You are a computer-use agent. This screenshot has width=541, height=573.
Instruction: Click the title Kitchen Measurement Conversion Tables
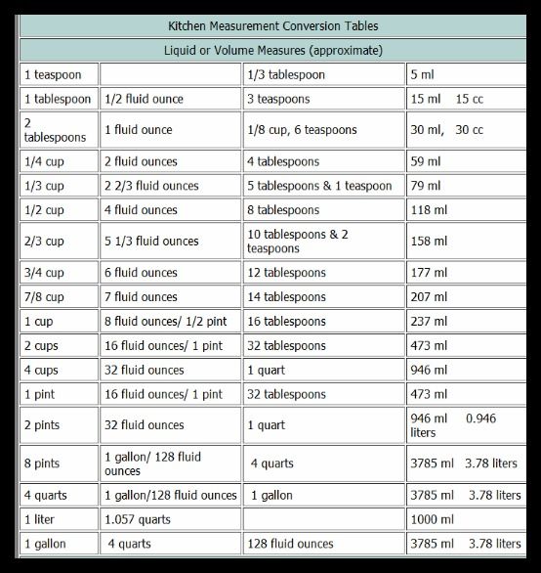pyautogui.click(x=272, y=24)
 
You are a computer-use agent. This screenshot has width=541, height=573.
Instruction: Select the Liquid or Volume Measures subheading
pyautogui.click(x=272, y=49)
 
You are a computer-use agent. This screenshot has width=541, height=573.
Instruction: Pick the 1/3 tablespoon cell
pyautogui.click(x=285, y=74)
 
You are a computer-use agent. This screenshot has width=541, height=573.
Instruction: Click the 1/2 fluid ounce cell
pyautogui.click(x=144, y=99)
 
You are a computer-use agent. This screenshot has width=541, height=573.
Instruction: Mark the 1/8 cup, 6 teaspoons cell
pyautogui.click(x=302, y=130)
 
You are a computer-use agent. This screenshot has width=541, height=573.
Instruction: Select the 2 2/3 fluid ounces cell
pyautogui.click(x=151, y=186)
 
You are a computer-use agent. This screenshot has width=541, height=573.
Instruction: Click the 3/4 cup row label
pyautogui.click(x=44, y=273)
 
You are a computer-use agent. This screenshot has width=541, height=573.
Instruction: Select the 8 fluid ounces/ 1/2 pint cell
pyautogui.click(x=160, y=321)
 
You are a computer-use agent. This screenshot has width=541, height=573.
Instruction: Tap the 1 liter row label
pyautogui.click(x=40, y=519)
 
